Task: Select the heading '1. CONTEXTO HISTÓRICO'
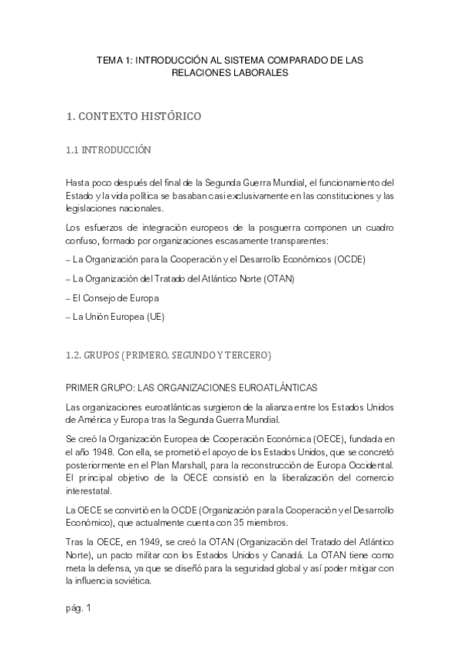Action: pos(134,117)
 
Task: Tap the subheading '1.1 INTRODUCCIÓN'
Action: pos(109,150)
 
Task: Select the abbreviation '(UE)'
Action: pos(154,317)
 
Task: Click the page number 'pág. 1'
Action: pos(79,609)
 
